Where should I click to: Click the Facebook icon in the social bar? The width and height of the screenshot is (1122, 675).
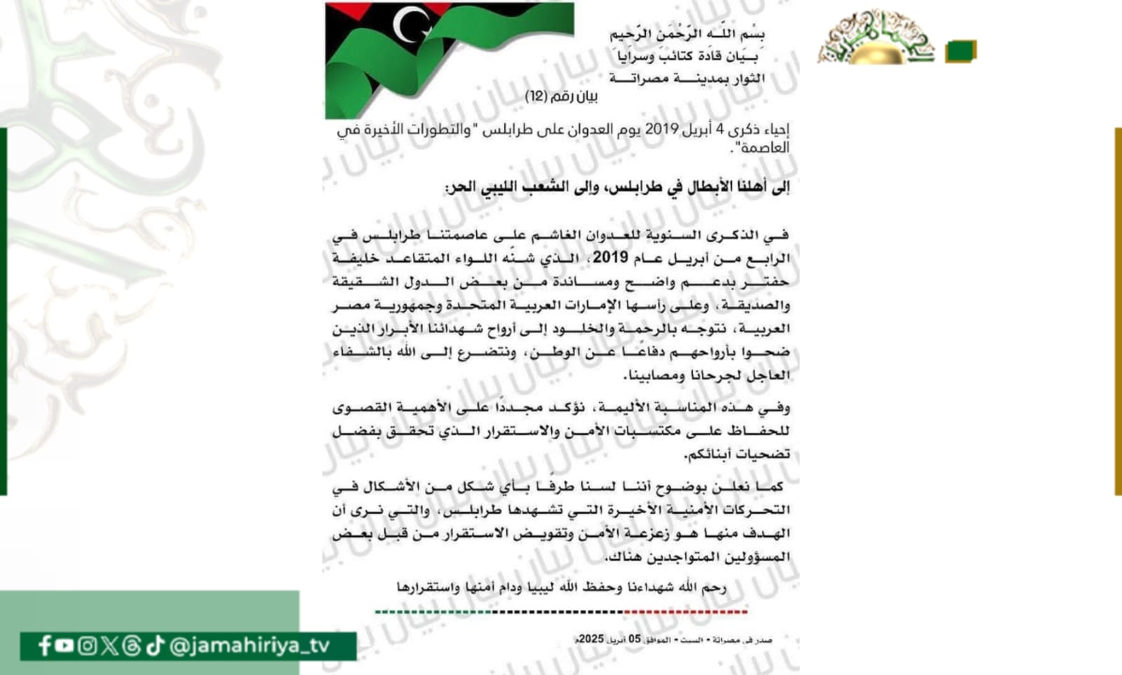[45, 646]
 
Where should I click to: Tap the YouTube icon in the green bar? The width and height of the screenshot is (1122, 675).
[65, 646]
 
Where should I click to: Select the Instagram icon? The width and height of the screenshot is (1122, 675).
[87, 646]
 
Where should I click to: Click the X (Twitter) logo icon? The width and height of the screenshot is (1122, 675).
[109, 646]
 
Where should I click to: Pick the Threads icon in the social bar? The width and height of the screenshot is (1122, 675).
[132, 646]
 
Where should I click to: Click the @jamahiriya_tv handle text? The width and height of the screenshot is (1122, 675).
[250, 646]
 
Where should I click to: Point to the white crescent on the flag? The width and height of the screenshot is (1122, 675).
[409, 26]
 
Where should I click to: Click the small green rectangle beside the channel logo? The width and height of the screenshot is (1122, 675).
[960, 51]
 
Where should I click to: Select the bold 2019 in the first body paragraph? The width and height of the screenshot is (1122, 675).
[610, 258]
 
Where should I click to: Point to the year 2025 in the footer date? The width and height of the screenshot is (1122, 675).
[591, 639]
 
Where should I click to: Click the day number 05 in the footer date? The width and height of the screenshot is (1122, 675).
[634, 639]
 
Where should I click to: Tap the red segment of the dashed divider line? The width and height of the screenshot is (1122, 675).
[686, 612]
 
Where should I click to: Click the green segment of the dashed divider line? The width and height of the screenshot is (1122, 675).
[435, 612]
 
